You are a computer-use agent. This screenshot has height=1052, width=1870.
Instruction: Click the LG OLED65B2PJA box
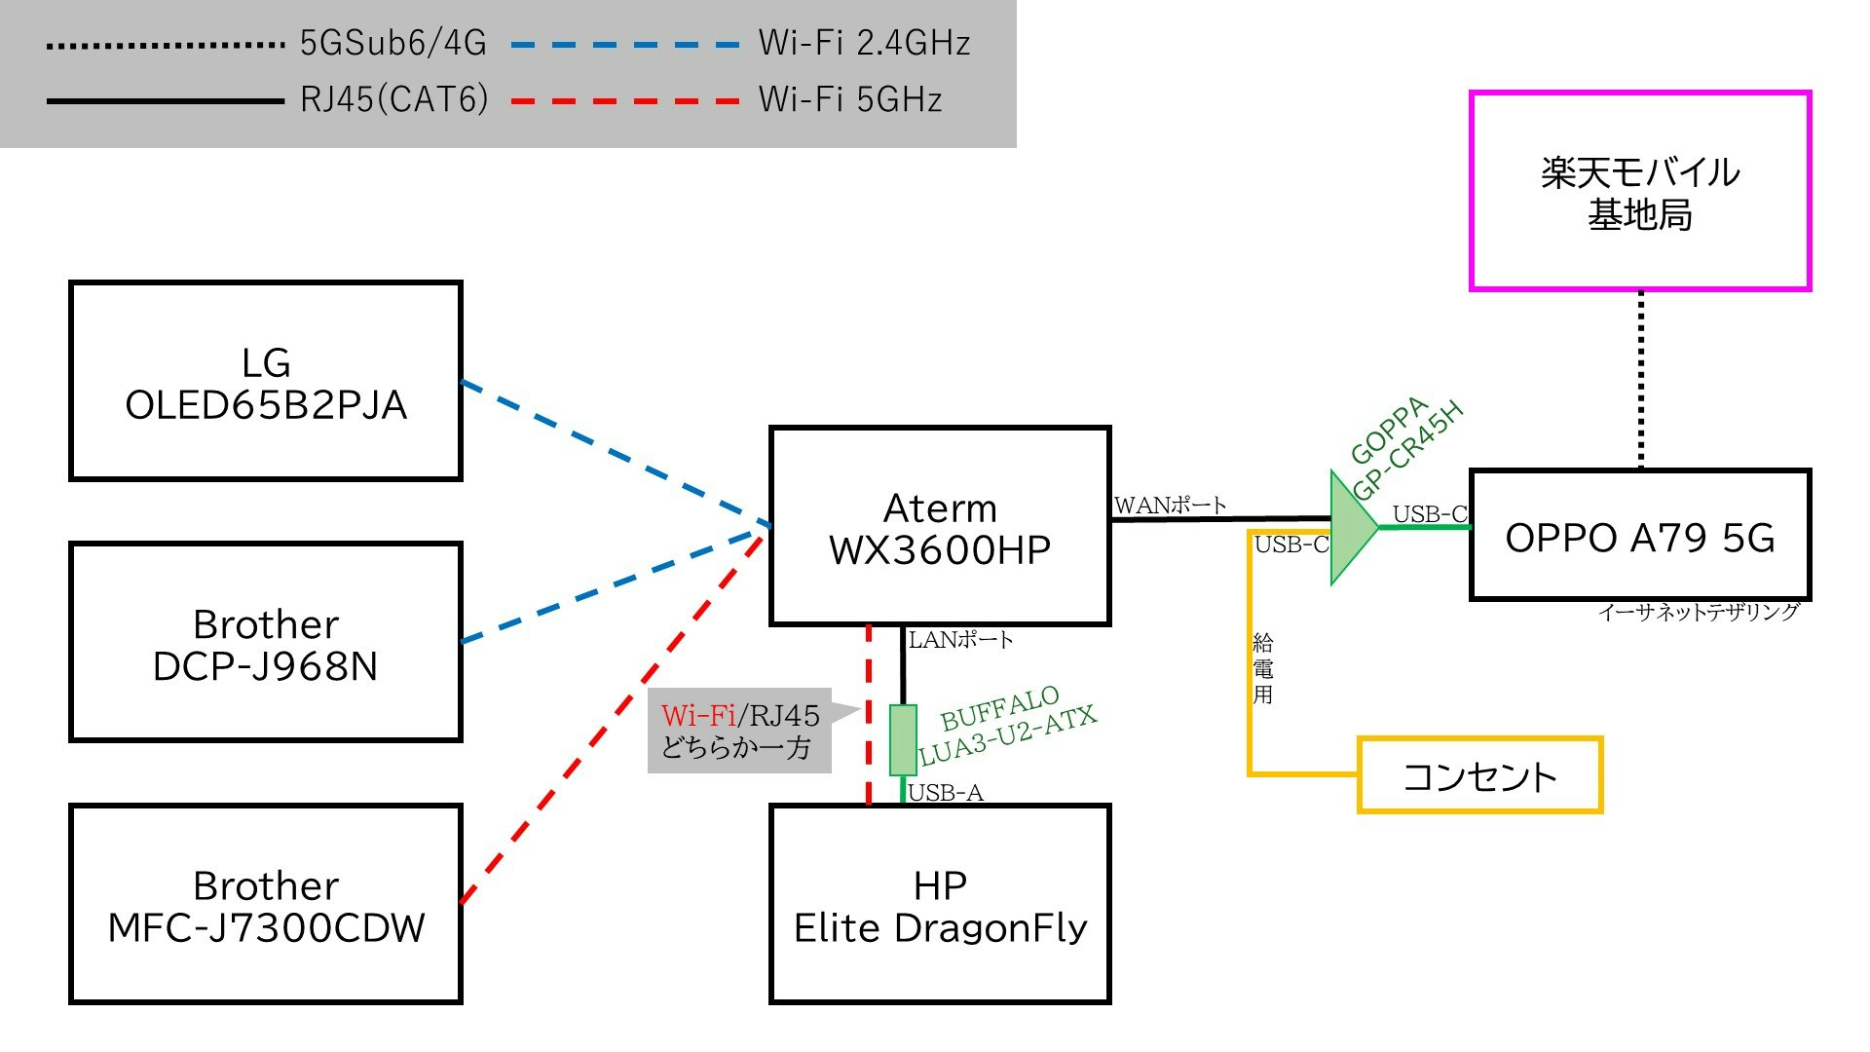tap(265, 381)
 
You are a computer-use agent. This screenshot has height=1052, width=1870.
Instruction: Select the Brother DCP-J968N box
tap(265, 642)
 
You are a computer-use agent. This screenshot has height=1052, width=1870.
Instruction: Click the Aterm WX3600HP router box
tap(940, 526)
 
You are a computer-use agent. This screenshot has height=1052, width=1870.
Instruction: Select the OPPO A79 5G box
tap(1640, 536)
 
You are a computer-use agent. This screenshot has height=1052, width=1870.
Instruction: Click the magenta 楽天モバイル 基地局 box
tap(1640, 191)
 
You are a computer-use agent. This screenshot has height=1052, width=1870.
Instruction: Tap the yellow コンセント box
tap(1479, 775)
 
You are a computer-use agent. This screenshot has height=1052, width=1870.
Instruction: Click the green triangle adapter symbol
tap(1352, 528)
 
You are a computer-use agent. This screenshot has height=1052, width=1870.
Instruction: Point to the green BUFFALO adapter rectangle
tap(903, 740)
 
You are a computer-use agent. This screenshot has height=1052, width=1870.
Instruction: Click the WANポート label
tap(1170, 505)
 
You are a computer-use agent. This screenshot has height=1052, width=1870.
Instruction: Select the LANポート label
tap(960, 640)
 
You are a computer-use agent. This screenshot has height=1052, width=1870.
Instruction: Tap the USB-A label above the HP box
tap(945, 793)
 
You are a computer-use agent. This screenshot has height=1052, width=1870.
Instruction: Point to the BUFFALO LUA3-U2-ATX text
tap(1007, 726)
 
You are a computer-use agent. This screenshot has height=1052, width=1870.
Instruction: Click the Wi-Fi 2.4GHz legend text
tap(864, 43)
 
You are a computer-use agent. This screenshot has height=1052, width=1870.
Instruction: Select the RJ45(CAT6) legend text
tap(393, 99)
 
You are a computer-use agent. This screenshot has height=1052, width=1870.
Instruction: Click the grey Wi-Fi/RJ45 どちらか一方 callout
tap(739, 732)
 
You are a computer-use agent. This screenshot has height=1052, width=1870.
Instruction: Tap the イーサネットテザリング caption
tap(1698, 612)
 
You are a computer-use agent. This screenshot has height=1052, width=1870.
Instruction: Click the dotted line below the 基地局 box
tap(1641, 380)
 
